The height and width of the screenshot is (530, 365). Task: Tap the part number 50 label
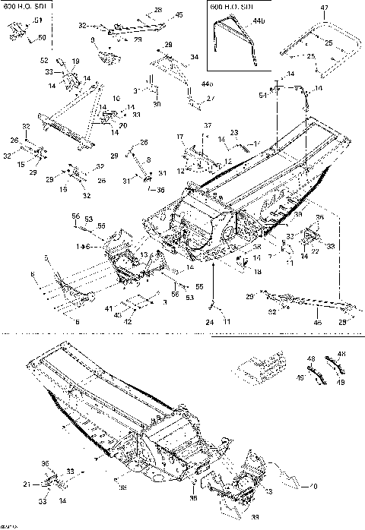coord(42,37)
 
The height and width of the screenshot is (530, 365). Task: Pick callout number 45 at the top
coord(179,14)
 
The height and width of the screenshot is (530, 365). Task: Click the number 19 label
coord(76,61)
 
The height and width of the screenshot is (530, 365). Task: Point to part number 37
coord(207,125)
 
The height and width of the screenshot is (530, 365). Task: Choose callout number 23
coord(235,133)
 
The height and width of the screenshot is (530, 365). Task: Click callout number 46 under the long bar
coord(318,323)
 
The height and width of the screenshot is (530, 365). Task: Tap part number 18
coord(257,271)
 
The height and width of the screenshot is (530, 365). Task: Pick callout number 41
coord(108,310)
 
